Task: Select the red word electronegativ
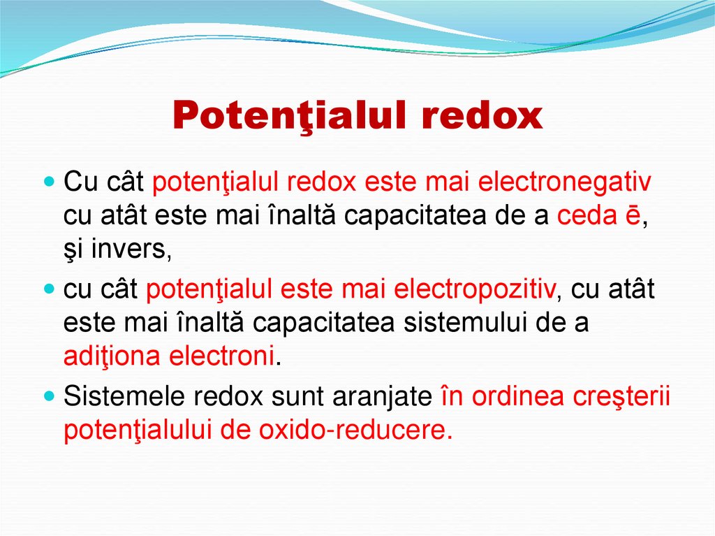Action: click(564, 183)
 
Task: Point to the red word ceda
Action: click(584, 217)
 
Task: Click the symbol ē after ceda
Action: click(630, 217)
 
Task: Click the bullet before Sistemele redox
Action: click(48, 396)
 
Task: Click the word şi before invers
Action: click(73, 250)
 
